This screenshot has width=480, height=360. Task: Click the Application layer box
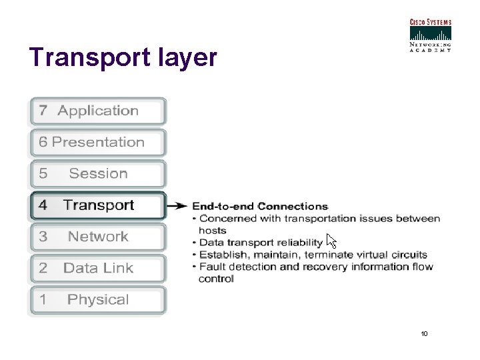(x=97, y=111)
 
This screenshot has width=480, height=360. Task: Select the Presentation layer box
(x=97, y=143)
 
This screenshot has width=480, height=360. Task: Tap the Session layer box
(x=97, y=174)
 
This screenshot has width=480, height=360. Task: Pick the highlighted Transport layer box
(x=97, y=205)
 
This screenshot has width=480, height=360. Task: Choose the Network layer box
(x=97, y=237)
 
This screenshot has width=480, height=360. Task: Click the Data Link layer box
(x=97, y=268)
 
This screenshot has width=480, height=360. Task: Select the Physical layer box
(x=97, y=300)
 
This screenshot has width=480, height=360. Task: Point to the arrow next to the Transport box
(x=177, y=206)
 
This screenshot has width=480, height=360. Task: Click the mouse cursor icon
(x=331, y=241)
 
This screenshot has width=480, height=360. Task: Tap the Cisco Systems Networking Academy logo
(x=430, y=35)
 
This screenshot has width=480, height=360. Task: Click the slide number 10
(x=424, y=333)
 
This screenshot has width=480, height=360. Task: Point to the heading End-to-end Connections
(x=260, y=207)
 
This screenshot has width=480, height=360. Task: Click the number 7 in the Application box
(x=43, y=111)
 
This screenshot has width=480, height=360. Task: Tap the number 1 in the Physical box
(x=43, y=300)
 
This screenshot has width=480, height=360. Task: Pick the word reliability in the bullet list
(x=299, y=243)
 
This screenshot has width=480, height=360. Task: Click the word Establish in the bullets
(x=222, y=255)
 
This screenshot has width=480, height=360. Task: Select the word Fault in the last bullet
(x=212, y=267)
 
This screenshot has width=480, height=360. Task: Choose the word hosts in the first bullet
(x=212, y=231)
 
